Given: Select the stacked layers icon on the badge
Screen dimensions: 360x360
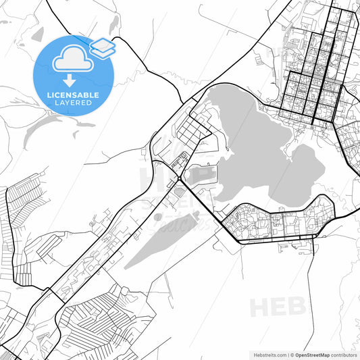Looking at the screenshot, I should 102,47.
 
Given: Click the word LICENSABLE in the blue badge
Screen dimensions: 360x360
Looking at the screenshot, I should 73,95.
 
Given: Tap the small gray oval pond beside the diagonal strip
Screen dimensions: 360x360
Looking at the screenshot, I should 158,217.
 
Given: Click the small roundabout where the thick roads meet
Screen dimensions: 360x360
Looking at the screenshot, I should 177,178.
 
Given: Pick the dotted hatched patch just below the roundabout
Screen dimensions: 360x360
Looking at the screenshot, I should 178,192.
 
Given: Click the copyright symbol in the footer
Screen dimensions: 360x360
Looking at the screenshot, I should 290,354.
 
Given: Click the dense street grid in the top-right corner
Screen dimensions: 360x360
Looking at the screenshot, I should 317,68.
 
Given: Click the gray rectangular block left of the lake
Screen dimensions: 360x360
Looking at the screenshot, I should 205,175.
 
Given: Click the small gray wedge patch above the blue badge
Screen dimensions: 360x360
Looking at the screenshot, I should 37,34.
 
